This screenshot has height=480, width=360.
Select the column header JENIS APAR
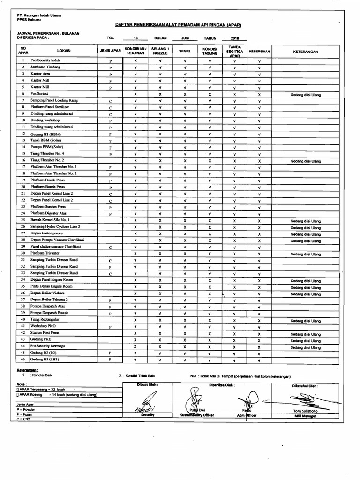110,50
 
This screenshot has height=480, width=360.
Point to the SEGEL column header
185,50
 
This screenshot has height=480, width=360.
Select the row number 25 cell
22,220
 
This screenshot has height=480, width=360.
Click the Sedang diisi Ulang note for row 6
306,94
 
